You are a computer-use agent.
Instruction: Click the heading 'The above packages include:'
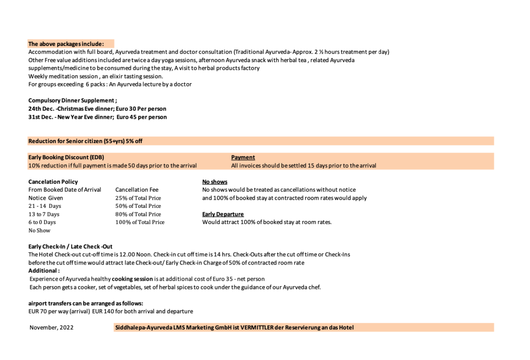pyautogui.click(x=66, y=44)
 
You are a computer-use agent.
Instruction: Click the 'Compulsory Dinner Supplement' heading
pyautogui.click(x=72, y=101)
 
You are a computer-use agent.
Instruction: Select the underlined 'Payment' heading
pyautogui.click(x=243, y=157)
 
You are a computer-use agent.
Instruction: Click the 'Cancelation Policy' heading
pyautogui.click(x=53, y=182)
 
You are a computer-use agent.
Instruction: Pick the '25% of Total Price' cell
pyautogui.click(x=138, y=198)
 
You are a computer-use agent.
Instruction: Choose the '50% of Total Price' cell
pyautogui.click(x=138, y=206)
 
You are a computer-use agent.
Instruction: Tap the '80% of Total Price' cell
pyautogui.click(x=138, y=214)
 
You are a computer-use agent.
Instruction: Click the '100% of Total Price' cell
pyautogui.click(x=140, y=222)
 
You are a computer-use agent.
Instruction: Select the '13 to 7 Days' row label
pyautogui.click(x=44, y=214)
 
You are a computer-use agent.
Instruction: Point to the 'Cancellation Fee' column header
pyautogui.click(x=137, y=190)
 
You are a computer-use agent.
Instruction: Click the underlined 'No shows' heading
pyautogui.click(x=215, y=182)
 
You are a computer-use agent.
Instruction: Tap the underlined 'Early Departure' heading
pyautogui.click(x=223, y=214)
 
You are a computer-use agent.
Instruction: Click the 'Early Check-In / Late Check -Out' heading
pyautogui.click(x=70, y=247)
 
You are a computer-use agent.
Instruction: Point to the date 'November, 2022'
pyautogui.click(x=51, y=328)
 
